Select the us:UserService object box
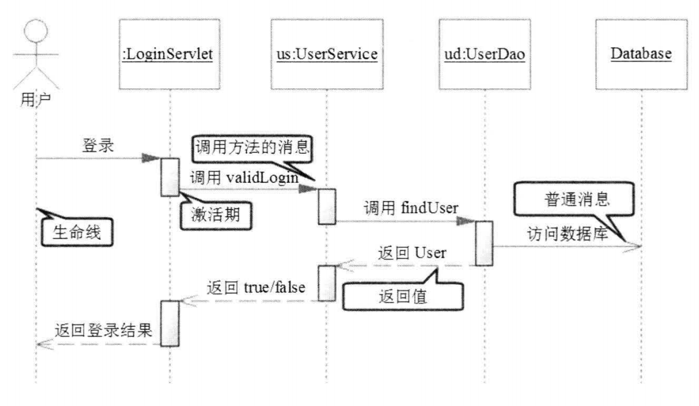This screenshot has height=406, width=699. click(x=326, y=53)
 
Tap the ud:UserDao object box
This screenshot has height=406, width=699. click(x=484, y=53)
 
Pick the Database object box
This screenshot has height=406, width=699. click(x=640, y=53)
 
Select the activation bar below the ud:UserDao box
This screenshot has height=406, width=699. click(x=484, y=243)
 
